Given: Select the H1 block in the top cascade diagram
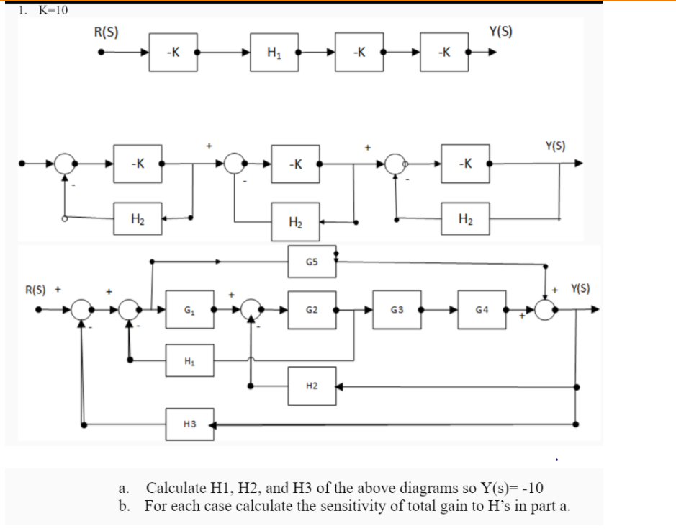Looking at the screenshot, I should point(274,53).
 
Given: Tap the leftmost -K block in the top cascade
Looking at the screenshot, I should point(173,53).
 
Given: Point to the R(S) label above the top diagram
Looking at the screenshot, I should point(107,32).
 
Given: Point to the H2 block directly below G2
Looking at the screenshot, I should point(311,386).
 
